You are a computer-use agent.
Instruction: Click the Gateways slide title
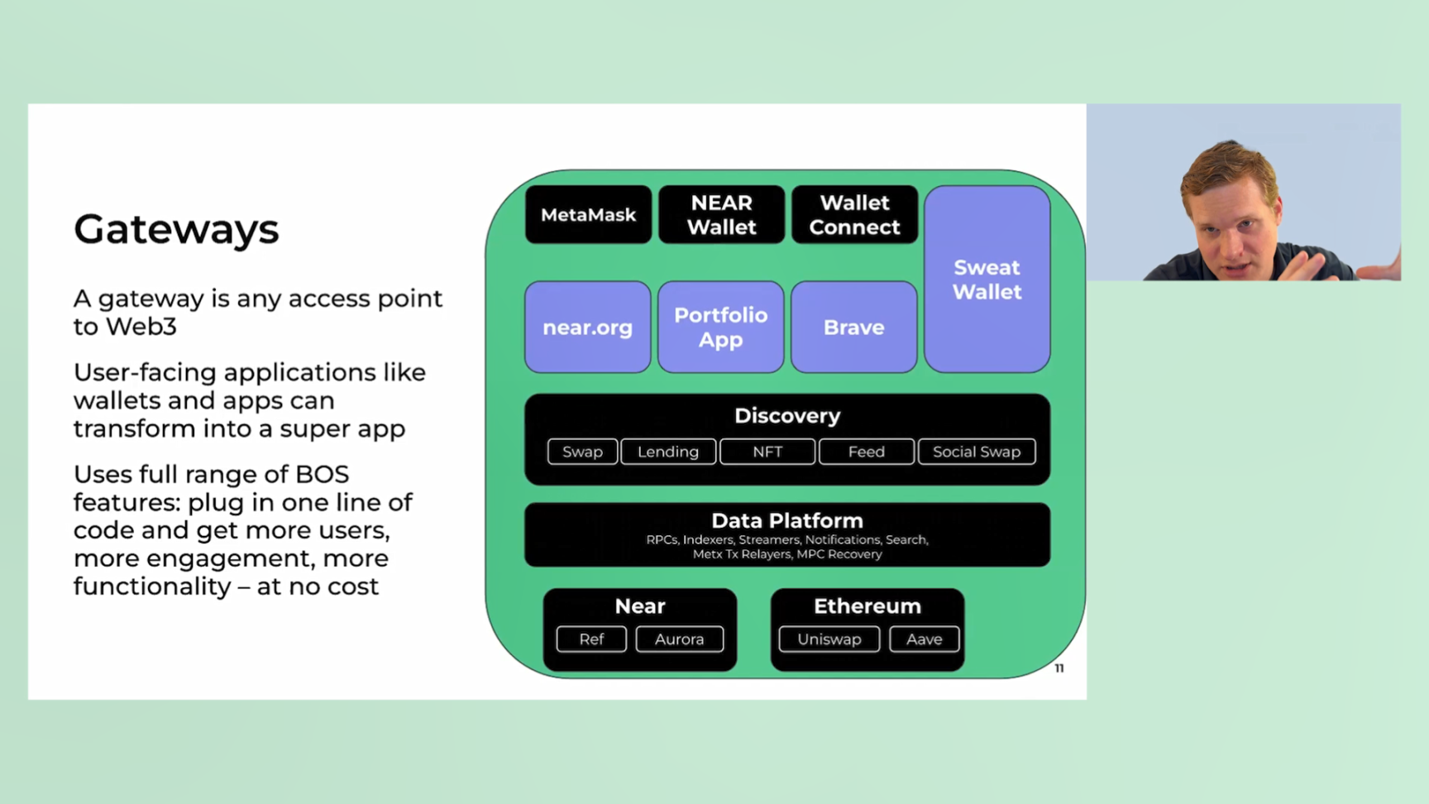(176, 229)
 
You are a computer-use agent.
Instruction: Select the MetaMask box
(588, 215)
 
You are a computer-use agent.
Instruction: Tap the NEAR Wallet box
(721, 215)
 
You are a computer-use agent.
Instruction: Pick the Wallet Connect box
(854, 215)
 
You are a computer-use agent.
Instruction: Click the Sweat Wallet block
(987, 280)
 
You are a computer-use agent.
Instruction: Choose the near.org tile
(587, 328)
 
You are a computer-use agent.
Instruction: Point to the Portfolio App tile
(720, 328)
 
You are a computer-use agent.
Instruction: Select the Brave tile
(853, 328)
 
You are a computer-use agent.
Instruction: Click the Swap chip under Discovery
(582, 452)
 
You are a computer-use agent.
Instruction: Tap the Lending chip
(668, 452)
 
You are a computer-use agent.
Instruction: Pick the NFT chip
(767, 452)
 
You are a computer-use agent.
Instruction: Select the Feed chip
(866, 452)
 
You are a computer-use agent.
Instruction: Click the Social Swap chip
(977, 452)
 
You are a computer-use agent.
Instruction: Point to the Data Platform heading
(787, 521)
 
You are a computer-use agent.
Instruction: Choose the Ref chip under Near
(591, 639)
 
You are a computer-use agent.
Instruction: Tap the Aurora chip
(679, 639)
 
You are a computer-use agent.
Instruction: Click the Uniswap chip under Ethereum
(829, 639)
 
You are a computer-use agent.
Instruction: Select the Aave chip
(924, 639)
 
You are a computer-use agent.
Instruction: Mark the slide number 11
(1059, 668)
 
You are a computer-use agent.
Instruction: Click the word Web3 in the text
(140, 327)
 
